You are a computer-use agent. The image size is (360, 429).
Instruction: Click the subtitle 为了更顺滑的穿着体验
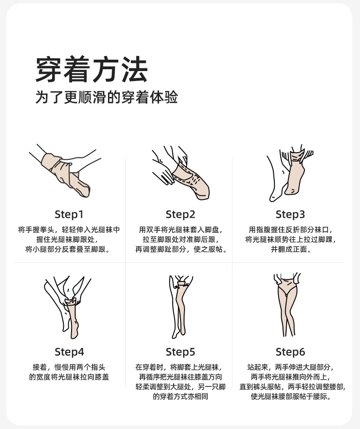pos(107,97)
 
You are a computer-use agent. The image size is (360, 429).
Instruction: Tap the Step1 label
pos(69,214)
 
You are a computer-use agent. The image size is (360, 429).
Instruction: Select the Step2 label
pos(180,214)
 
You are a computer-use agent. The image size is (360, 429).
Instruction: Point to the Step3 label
pos(290,214)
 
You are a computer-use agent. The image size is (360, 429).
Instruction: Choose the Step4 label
pos(69,352)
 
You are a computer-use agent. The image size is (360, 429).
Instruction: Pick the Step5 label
pos(180,352)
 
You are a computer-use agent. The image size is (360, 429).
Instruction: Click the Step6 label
pos(290,352)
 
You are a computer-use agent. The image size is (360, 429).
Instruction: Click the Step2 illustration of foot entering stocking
pos(180,172)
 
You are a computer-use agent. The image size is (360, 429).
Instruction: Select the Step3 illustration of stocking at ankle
pos(290,173)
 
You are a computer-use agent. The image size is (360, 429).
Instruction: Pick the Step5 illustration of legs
pos(181,306)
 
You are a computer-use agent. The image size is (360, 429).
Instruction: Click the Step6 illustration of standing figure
pos(287,305)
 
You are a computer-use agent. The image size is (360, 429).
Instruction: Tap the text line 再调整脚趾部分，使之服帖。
pos(181,249)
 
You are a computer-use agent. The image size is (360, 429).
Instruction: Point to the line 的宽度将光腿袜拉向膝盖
pos(69,377)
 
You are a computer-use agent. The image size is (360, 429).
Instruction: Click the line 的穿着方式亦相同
pos(180,397)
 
